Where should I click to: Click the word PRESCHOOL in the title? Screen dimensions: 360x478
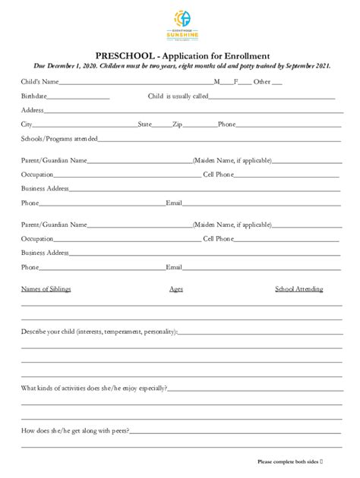pos(124,55)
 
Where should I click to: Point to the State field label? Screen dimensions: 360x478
pos(145,124)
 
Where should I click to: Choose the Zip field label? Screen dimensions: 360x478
pos(177,124)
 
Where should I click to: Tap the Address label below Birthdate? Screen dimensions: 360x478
pos(33,110)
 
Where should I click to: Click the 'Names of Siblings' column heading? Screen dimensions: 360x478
pos(46,289)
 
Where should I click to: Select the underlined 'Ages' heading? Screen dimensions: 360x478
pos(176,289)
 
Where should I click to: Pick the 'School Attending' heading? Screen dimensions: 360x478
pos(298,289)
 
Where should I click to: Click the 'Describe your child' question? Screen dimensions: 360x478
pos(99,332)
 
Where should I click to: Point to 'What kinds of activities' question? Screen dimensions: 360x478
pos(93,388)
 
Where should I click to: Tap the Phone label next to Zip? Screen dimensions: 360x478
pos(226,124)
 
